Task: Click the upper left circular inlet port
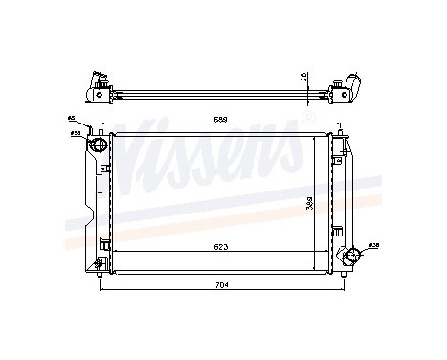pos(98,145)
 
